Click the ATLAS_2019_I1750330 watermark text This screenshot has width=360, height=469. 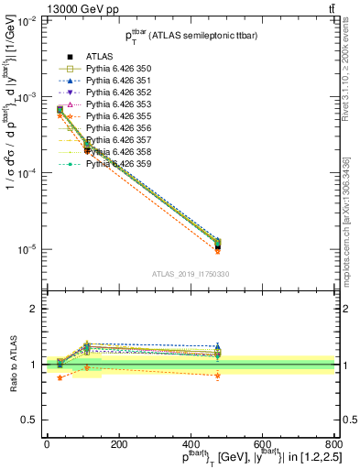coord(190,274)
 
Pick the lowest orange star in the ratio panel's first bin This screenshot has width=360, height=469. coord(60,377)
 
